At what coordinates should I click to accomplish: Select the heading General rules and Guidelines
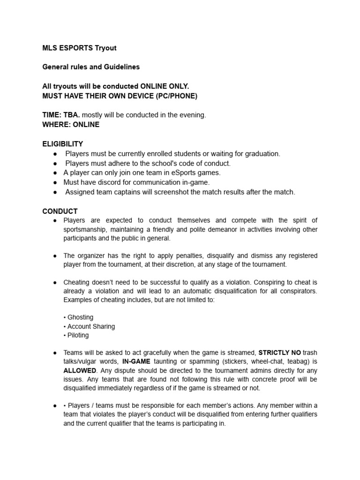tap(91, 67)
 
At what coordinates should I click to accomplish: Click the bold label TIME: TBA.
tap(61, 115)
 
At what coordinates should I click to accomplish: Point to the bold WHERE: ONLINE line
tap(71, 125)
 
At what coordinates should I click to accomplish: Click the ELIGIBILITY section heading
tap(63, 144)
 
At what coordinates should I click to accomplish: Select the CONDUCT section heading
tap(60, 211)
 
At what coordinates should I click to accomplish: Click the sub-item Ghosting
tap(80, 317)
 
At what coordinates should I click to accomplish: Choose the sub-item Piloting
tap(78, 335)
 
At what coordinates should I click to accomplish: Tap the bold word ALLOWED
tap(79, 370)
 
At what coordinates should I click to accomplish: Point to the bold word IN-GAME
tap(137, 361)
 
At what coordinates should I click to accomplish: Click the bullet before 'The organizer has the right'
tap(55, 256)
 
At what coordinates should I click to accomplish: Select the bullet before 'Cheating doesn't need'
tap(55, 282)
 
